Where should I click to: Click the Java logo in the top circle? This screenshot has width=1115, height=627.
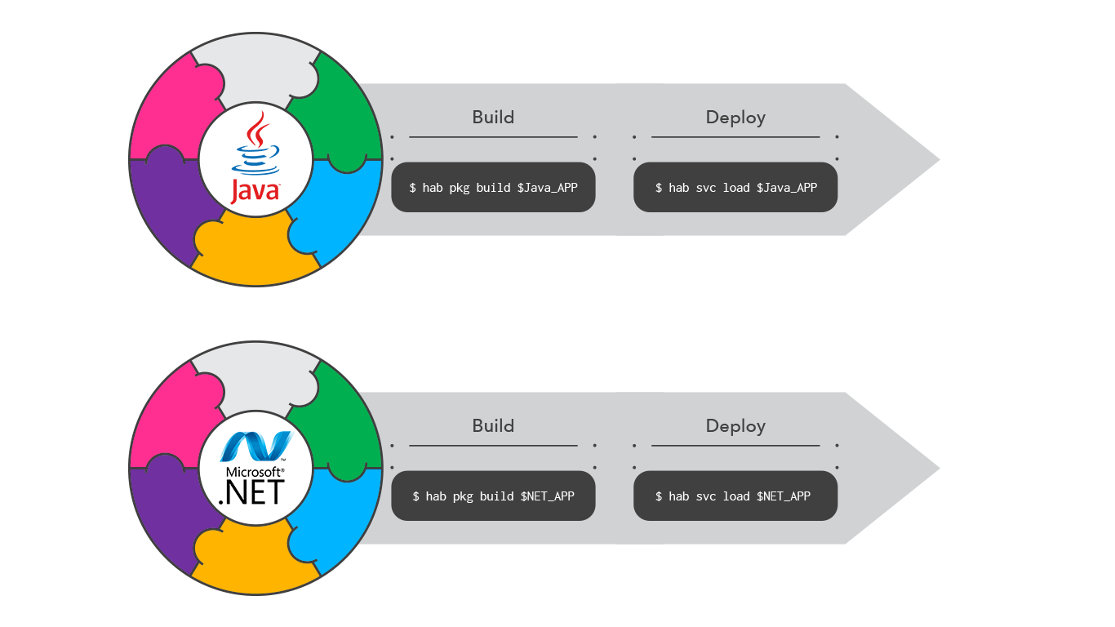255,159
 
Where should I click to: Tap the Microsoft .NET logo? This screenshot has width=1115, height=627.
255,469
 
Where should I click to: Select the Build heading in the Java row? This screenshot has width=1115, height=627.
493,117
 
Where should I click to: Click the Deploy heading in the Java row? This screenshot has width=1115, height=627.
735,117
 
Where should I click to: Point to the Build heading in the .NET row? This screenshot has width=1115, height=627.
493,425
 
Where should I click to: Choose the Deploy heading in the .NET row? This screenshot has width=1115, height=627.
735,425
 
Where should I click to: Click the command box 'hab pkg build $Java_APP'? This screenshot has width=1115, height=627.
493,188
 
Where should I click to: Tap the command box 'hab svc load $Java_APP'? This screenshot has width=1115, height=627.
735,188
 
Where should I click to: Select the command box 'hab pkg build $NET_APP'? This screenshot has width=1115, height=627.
493,496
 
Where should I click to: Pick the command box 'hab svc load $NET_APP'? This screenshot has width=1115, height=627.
735,496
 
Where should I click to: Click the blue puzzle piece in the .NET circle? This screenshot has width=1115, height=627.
343,514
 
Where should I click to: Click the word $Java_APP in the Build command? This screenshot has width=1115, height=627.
547,188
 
